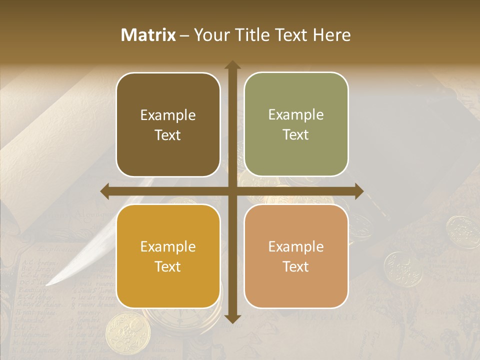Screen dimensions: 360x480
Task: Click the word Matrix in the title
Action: point(148,35)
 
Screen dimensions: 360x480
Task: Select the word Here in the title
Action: point(332,35)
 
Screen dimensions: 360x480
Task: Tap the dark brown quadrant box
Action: point(168,124)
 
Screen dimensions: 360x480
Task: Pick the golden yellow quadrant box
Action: point(168,256)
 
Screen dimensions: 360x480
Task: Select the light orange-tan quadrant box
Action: point(296,256)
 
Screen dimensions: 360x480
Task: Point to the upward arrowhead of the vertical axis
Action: point(232,65)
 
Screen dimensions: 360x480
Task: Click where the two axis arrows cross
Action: point(232,191)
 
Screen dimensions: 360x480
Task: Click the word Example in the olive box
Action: point(296,114)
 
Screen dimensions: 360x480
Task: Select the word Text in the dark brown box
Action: point(168,135)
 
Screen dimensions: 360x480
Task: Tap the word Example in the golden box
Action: point(168,246)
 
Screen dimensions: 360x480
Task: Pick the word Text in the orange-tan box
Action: point(296,267)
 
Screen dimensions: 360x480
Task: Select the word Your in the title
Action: point(210,35)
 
